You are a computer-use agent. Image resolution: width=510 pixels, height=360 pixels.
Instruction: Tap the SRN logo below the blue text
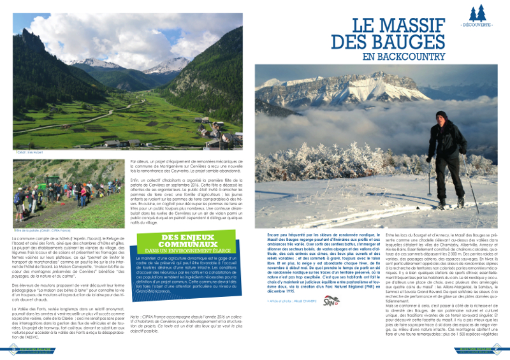point(331,301)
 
